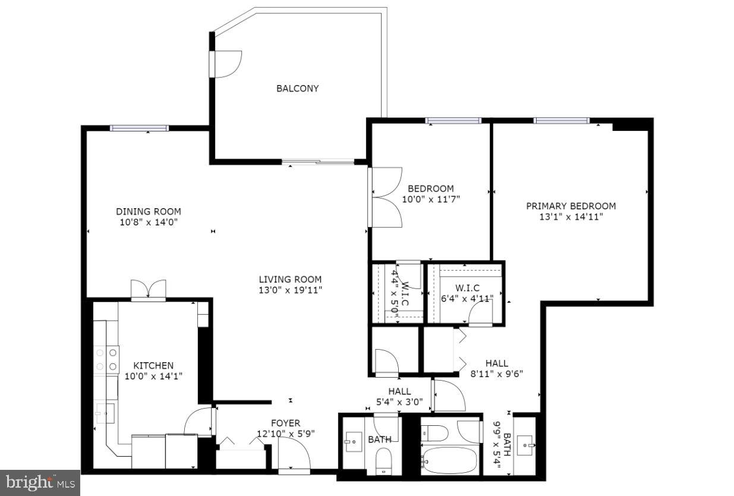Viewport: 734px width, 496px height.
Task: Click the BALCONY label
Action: click(x=297, y=89)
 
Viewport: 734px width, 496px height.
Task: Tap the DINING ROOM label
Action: click(x=148, y=212)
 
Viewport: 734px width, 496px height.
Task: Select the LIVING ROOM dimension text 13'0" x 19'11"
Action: click(x=290, y=290)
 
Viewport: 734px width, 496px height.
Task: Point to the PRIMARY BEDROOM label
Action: click(x=571, y=206)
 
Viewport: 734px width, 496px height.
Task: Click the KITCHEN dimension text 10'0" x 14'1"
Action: click(x=153, y=376)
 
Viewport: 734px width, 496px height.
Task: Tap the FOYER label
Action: click(x=286, y=423)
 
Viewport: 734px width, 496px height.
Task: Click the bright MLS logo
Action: click(x=39, y=483)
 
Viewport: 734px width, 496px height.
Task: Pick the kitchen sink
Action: click(x=105, y=412)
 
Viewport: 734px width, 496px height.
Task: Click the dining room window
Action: click(x=139, y=128)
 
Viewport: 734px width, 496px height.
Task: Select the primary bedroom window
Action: click(x=561, y=121)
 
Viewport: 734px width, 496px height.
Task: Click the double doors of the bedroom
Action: click(x=385, y=197)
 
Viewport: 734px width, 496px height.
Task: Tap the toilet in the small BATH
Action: click(x=383, y=462)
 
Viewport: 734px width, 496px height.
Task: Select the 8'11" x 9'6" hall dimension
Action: click(x=497, y=374)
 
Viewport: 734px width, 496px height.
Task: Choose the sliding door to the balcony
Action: click(x=318, y=161)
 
